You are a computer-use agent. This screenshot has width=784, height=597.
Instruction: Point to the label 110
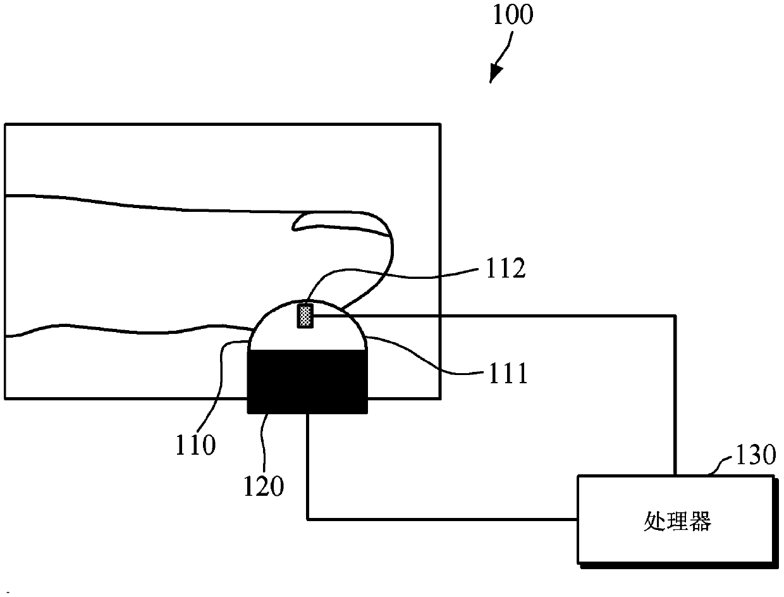click(196, 446)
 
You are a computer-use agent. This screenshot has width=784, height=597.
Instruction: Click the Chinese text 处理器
click(677, 522)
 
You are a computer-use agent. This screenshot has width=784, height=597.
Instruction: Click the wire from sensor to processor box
click(676, 392)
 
